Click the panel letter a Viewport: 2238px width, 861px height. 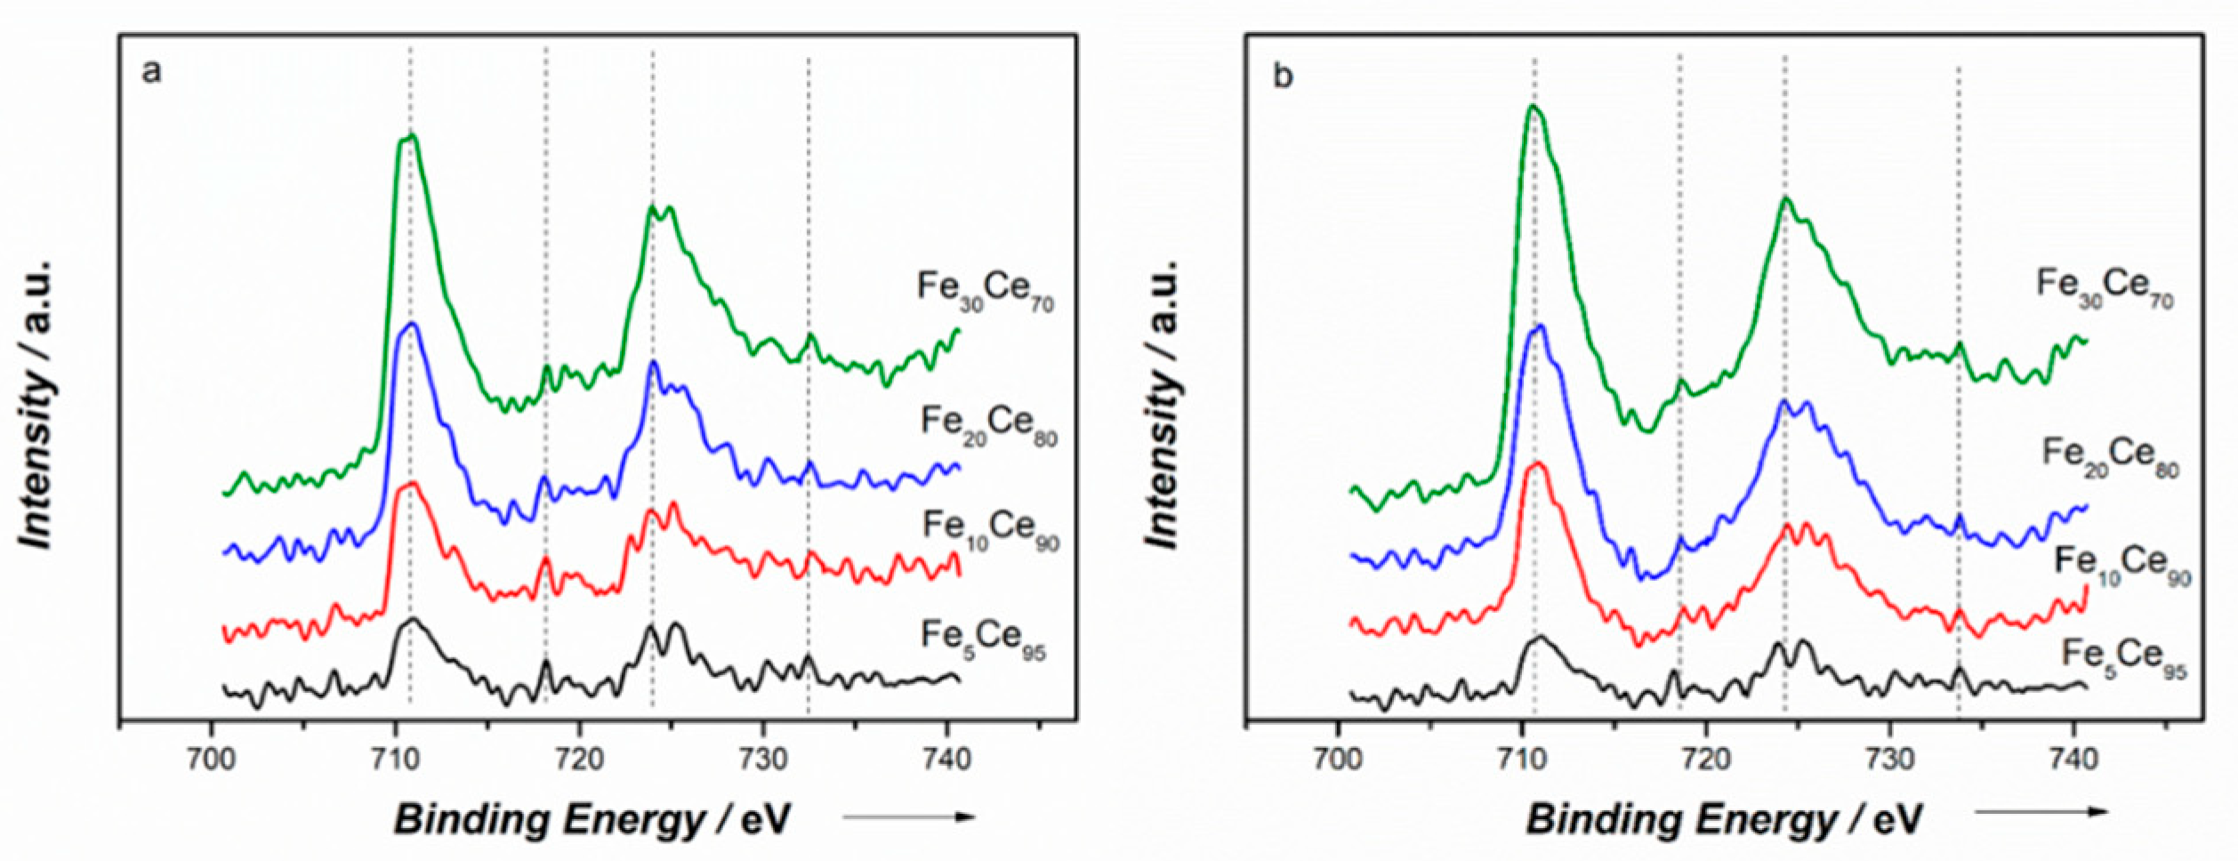point(151,70)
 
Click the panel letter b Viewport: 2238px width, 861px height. point(1282,76)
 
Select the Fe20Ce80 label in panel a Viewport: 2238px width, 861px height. point(988,424)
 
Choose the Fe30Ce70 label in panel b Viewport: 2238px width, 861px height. point(2105,287)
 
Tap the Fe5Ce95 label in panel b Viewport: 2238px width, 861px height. point(2123,658)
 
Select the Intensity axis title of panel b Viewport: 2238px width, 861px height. point(1163,405)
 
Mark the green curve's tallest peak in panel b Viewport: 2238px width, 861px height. point(1533,107)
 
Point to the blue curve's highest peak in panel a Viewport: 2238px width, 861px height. point(411,325)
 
